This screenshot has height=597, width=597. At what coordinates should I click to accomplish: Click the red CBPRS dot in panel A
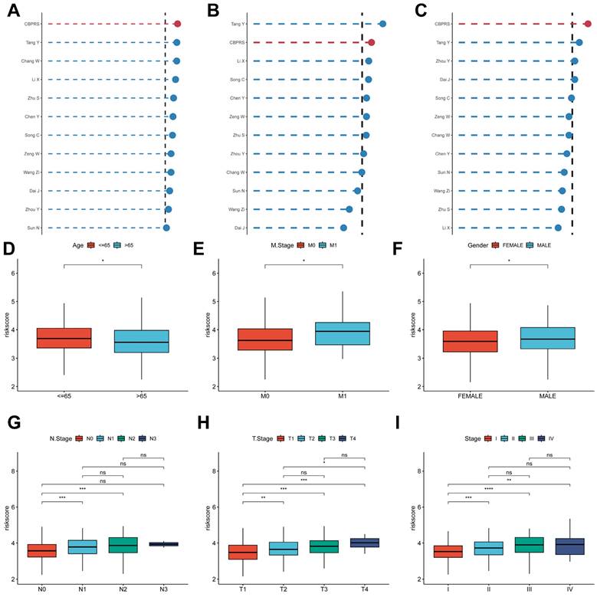pyautogui.click(x=177, y=25)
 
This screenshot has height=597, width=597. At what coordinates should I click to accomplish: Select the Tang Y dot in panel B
pyautogui.click(x=382, y=25)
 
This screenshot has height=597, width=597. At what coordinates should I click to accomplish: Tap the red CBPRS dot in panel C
pyautogui.click(x=587, y=25)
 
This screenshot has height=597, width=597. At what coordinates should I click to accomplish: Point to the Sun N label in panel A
pyautogui.click(x=34, y=228)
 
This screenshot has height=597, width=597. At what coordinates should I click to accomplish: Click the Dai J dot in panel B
pyautogui.click(x=343, y=228)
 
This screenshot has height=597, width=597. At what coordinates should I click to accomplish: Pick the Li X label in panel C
pyautogui.click(x=444, y=228)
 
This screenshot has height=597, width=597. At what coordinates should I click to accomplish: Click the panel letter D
pyautogui.click(x=9, y=249)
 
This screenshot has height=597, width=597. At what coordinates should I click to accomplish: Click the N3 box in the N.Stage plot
pyautogui.click(x=164, y=544)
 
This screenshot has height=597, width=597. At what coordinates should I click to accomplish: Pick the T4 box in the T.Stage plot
pyautogui.click(x=365, y=543)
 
